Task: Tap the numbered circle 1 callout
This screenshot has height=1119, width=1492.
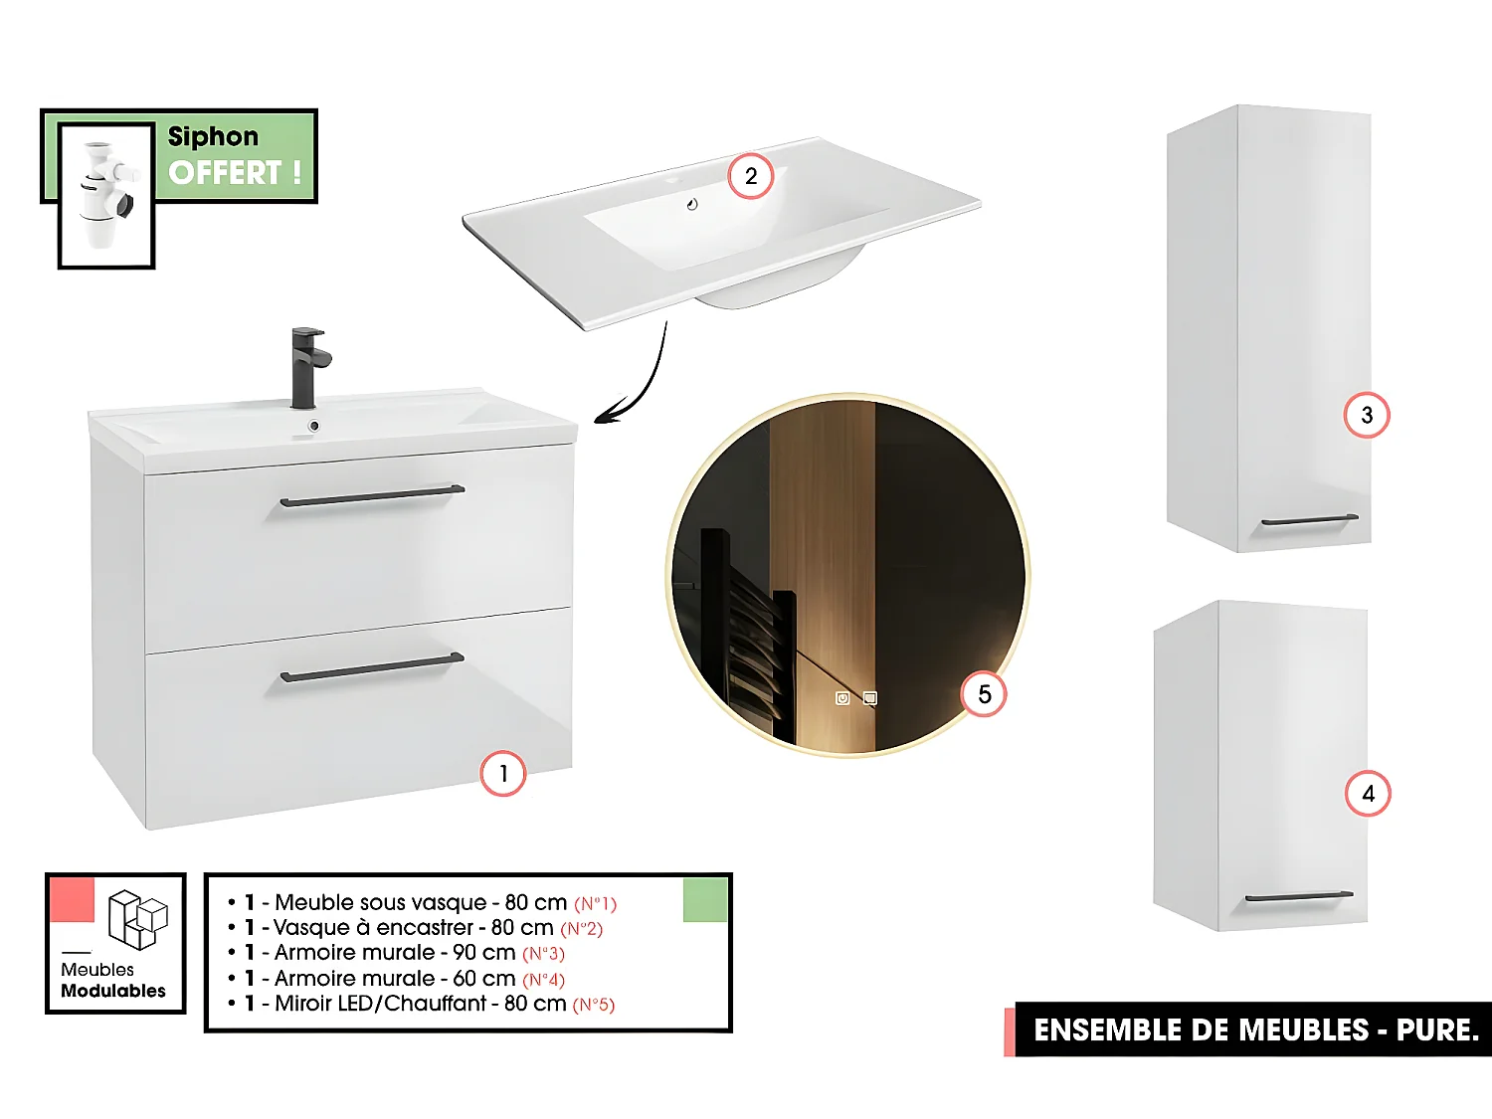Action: click(x=502, y=774)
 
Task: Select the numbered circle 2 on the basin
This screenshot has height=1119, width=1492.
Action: click(x=751, y=176)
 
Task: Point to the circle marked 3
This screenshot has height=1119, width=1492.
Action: click(x=1367, y=415)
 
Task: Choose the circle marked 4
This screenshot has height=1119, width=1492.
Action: click(x=1368, y=794)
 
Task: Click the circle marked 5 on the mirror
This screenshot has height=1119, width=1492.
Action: click(x=984, y=694)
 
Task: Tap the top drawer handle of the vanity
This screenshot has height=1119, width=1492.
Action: click(x=372, y=495)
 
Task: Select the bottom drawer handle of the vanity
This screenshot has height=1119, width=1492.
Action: click(x=372, y=667)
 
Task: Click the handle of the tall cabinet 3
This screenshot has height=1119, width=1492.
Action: click(x=1309, y=520)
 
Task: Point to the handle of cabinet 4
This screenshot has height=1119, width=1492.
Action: click(x=1298, y=896)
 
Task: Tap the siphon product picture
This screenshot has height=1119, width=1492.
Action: click(x=106, y=195)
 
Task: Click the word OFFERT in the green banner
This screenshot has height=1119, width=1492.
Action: click(x=225, y=173)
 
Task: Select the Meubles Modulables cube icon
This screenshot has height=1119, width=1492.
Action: click(x=137, y=918)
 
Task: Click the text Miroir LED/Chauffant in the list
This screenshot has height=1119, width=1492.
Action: click(x=381, y=1004)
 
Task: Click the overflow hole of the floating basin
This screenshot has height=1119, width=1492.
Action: click(x=692, y=205)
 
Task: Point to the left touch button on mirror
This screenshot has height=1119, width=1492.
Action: click(x=842, y=698)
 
